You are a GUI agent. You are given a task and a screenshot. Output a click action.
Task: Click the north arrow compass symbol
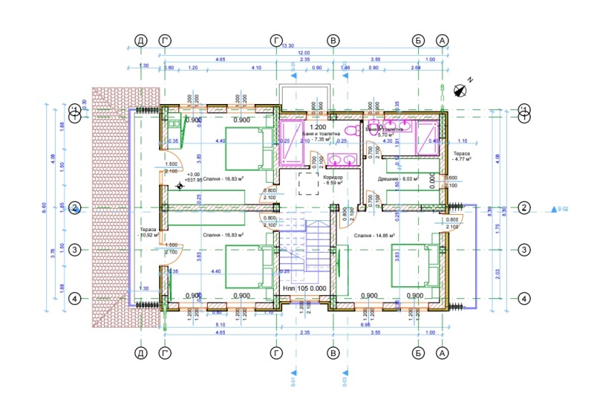click(460, 90)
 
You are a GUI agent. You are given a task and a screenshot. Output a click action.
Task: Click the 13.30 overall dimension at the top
click(289, 45)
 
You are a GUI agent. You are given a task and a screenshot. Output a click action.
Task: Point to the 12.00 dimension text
click(304, 53)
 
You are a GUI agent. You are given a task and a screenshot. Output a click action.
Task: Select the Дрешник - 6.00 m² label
click(399, 179)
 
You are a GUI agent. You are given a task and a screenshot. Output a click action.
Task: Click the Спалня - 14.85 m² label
click(373, 236)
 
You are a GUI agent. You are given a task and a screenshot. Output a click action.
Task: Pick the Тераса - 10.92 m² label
click(148, 233)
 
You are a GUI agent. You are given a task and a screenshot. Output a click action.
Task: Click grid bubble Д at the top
click(140, 40)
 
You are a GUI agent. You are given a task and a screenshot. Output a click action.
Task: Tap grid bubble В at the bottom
click(334, 352)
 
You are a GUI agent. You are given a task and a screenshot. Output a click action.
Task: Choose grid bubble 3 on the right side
click(525, 250)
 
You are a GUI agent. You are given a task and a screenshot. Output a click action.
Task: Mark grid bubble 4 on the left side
click(74, 299)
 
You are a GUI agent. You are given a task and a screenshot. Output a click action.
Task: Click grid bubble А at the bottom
click(443, 352)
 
